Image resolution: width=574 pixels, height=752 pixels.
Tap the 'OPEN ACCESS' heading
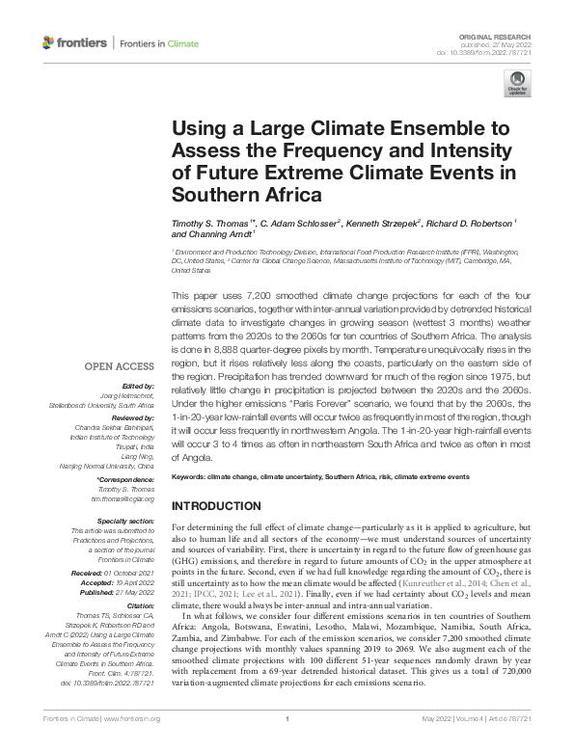(x=119, y=366)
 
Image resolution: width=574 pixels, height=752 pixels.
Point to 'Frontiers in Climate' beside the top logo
(x=158, y=43)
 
